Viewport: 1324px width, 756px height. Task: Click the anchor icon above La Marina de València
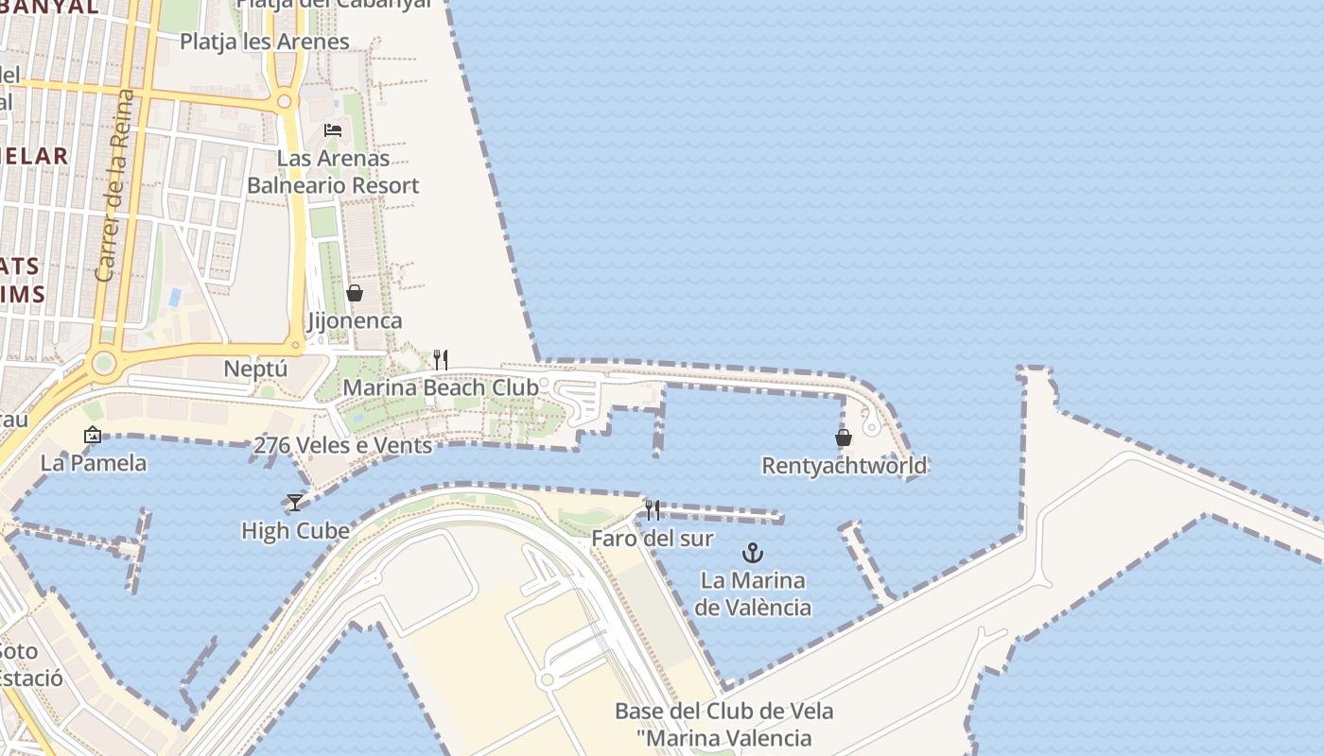(753, 552)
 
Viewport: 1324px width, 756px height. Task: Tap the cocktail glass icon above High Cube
(295, 502)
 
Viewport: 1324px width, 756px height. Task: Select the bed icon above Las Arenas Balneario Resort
(333, 129)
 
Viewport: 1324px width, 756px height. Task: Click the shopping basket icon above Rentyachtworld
(844, 438)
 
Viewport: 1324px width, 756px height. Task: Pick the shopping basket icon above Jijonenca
(355, 293)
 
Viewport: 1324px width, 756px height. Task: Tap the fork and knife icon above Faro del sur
(653, 510)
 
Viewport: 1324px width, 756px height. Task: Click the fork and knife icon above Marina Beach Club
(441, 359)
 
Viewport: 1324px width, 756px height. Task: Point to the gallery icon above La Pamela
(93, 435)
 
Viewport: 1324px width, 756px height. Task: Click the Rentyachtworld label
(845, 466)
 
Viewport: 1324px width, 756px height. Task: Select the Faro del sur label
(653, 539)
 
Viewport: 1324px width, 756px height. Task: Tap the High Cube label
(295, 531)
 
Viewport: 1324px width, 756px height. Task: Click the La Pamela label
(94, 463)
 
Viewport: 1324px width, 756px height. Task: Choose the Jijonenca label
(355, 321)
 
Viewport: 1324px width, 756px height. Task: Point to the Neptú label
(255, 368)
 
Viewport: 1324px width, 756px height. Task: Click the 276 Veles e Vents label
(343, 445)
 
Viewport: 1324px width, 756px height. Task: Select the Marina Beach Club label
(441, 387)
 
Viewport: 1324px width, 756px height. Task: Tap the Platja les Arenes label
(265, 42)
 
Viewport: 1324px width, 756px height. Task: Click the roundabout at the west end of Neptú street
(104, 362)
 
